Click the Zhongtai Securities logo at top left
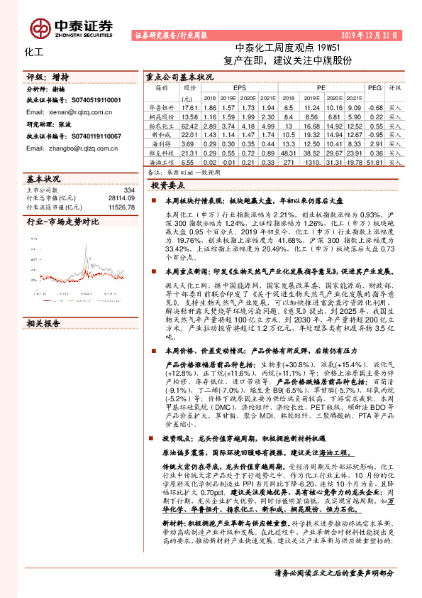(72, 27)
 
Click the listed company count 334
(128, 190)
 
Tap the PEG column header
(374, 87)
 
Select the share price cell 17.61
(189, 106)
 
